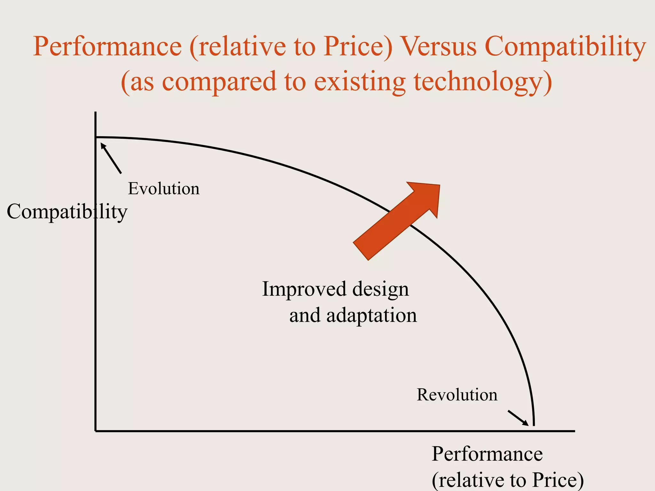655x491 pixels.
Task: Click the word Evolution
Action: [164, 189]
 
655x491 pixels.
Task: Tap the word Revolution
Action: [457, 395]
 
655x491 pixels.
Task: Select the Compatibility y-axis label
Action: [67, 212]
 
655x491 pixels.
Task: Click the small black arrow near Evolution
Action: [111, 158]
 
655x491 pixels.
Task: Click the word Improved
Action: [304, 289]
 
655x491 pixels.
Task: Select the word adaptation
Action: [372, 316]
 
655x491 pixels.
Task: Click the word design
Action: [381, 289]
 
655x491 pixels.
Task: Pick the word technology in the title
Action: [483, 82]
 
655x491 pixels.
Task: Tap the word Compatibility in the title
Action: [565, 47]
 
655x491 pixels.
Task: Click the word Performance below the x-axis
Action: [487, 454]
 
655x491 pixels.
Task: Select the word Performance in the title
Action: [107, 47]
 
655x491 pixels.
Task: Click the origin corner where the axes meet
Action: [96, 431]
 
